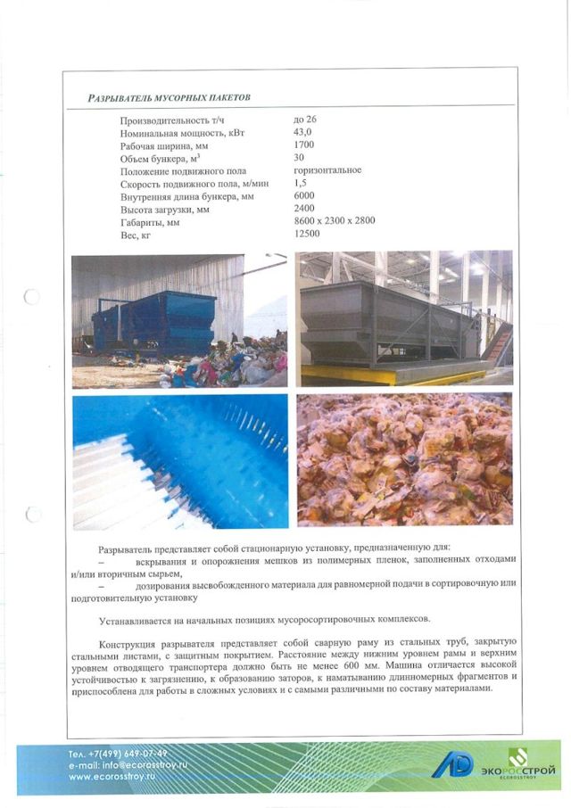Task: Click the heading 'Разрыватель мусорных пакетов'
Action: [169, 96]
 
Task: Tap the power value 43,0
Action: [304, 132]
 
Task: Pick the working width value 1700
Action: [304, 144]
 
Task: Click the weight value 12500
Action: [307, 234]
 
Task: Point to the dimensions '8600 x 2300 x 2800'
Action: [335, 220]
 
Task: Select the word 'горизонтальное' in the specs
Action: [327, 169]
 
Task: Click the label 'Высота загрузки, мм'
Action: [165, 209]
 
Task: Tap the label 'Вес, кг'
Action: [137, 235]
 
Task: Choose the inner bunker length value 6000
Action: [304, 195]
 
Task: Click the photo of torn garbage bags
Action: [404, 460]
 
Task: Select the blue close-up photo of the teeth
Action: [180, 460]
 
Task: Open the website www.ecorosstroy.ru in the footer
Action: [114, 776]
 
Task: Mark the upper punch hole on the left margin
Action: [32, 296]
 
